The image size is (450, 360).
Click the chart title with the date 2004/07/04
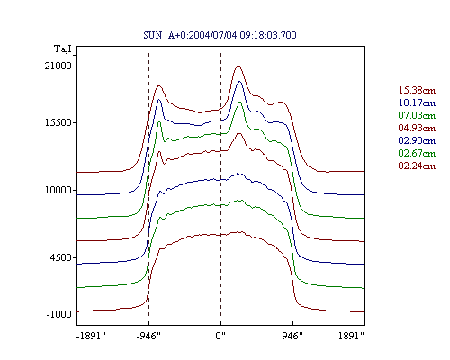pyautogui.click(x=220, y=35)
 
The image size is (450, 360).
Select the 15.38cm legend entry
pyautogui.click(x=417, y=90)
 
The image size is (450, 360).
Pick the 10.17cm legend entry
pyautogui.click(x=417, y=103)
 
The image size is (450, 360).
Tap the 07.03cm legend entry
pyautogui.click(x=417, y=115)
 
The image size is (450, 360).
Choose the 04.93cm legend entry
pyautogui.click(x=417, y=128)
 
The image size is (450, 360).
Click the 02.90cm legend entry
pyautogui.click(x=417, y=140)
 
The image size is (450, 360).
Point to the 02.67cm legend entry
pyautogui.click(x=417, y=153)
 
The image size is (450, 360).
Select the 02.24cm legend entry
pyautogui.click(x=417, y=166)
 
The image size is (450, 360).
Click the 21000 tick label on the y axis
pyautogui.click(x=58, y=66)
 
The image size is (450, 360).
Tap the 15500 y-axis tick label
pyautogui.click(x=58, y=122)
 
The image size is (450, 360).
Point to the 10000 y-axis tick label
pyautogui.click(x=58, y=190)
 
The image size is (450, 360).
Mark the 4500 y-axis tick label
pyautogui.click(x=61, y=257)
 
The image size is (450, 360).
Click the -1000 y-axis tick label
pyautogui.click(x=58, y=314)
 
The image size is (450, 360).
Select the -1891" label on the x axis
pyautogui.click(x=92, y=336)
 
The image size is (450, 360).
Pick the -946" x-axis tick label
pyautogui.click(x=148, y=336)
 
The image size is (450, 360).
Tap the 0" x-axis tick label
pyautogui.click(x=220, y=336)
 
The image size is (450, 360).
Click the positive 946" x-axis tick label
pyautogui.click(x=292, y=336)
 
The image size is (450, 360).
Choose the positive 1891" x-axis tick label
pyautogui.click(x=351, y=336)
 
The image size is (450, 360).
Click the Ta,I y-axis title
pyautogui.click(x=63, y=49)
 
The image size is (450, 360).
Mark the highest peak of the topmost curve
pyautogui.click(x=238, y=65)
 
